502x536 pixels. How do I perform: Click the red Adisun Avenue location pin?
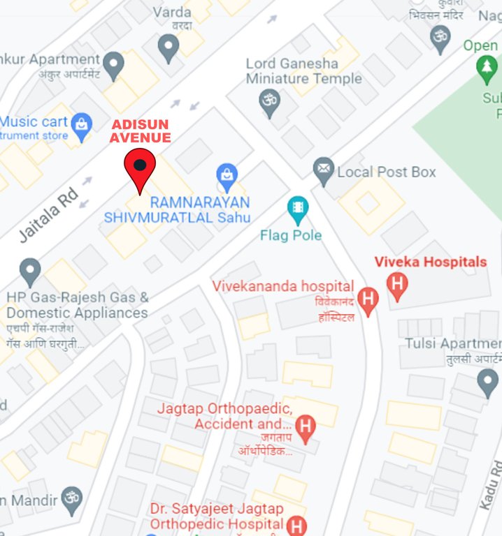click(x=140, y=167)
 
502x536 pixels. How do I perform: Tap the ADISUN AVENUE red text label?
click(x=140, y=131)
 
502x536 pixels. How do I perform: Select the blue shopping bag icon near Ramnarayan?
click(x=227, y=175)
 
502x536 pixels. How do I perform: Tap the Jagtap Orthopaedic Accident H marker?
click(x=305, y=426)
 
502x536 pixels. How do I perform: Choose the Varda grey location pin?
click(x=168, y=47)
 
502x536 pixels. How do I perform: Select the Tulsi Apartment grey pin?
click(x=487, y=382)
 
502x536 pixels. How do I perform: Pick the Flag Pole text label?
click(x=291, y=235)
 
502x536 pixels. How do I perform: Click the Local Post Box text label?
click(x=387, y=172)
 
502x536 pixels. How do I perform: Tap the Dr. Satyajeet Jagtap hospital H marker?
click(x=298, y=526)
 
